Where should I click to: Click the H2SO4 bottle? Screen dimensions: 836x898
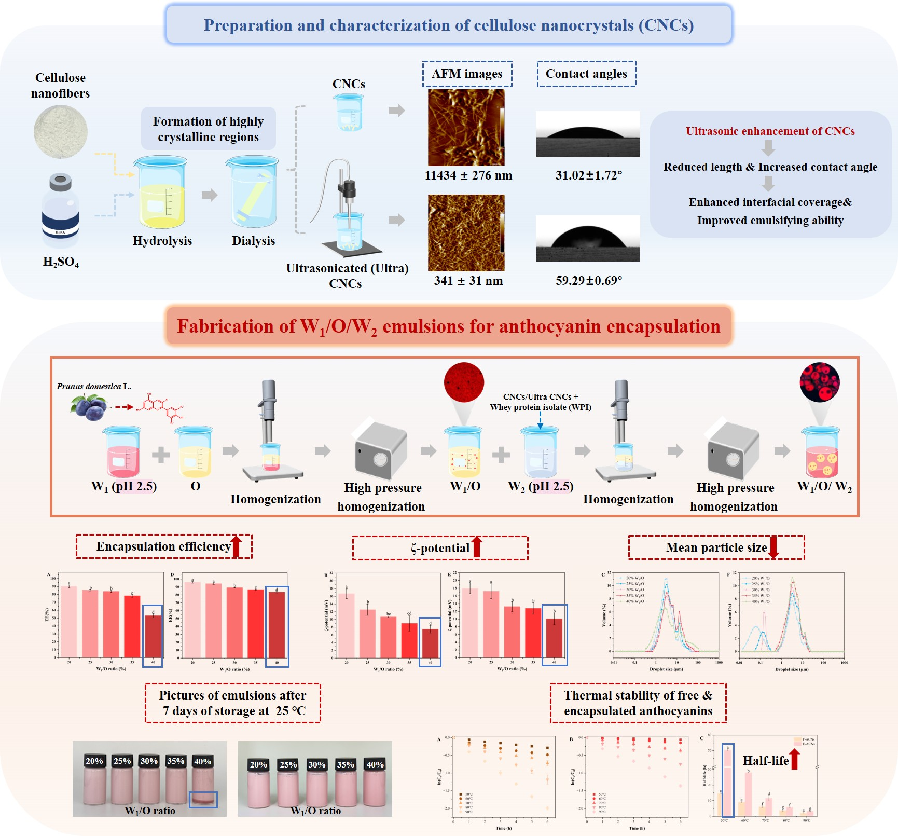(x=61, y=210)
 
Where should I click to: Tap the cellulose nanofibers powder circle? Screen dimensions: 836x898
(x=61, y=132)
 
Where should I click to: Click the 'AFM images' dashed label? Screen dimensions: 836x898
(x=467, y=74)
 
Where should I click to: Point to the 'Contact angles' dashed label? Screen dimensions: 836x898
(x=586, y=74)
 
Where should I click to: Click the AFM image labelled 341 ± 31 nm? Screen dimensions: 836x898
(x=466, y=232)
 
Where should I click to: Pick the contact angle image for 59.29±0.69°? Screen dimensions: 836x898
(x=588, y=238)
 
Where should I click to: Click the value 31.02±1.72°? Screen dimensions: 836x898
(x=589, y=175)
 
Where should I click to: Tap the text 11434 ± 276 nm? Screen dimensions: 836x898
(x=468, y=175)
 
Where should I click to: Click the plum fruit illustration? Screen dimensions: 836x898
(x=88, y=406)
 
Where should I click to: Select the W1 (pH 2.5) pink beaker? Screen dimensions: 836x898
(x=123, y=451)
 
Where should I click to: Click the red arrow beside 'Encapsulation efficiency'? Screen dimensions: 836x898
(x=236, y=546)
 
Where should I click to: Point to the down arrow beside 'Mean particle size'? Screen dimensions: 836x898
(x=773, y=547)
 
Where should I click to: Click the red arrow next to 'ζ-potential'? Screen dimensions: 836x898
(x=477, y=547)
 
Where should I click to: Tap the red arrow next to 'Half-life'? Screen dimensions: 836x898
(x=794, y=759)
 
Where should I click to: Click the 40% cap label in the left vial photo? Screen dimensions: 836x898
(x=202, y=761)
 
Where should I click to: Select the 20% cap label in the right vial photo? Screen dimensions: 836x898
(x=258, y=764)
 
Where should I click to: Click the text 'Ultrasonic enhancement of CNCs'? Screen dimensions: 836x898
(x=770, y=131)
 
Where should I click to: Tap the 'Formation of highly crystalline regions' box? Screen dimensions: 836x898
(x=208, y=129)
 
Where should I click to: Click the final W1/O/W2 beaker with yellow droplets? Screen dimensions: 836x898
(x=820, y=453)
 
